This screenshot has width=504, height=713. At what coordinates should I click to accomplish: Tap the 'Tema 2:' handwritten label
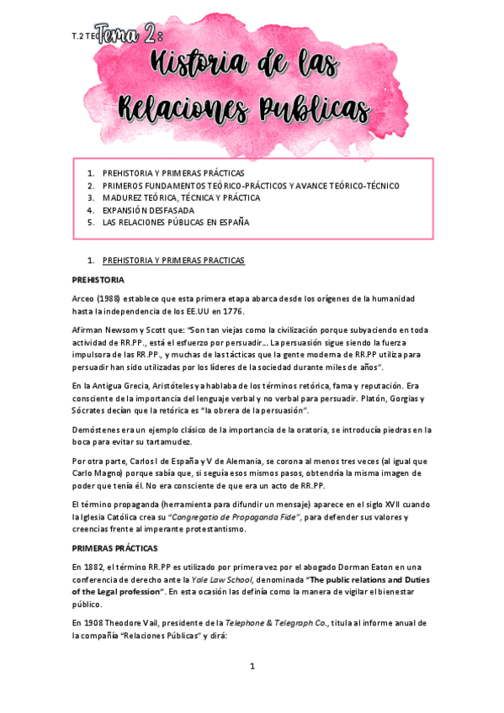pos(130,34)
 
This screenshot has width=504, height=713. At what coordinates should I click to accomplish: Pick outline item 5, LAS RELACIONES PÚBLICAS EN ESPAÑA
pos(176,223)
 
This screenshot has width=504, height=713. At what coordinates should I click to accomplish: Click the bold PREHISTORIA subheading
pos(98,279)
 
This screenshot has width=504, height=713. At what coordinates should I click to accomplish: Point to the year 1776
pos(230,311)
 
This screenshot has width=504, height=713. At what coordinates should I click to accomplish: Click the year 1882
pos(97,568)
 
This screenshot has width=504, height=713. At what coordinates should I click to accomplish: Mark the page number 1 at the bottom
pos(252,667)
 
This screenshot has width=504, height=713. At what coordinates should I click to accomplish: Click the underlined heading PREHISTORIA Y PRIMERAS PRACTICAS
pos(172,261)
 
